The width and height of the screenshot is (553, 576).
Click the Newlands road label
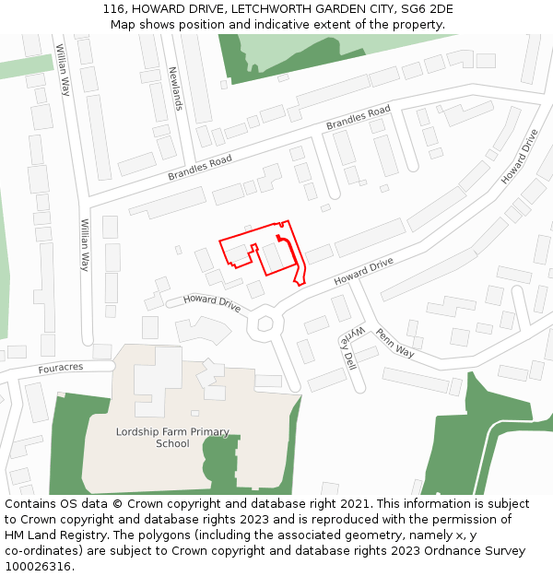(x=175, y=88)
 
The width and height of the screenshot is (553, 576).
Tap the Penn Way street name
(x=394, y=342)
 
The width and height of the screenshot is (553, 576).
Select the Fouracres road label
(x=61, y=367)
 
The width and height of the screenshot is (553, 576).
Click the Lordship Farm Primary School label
(x=172, y=438)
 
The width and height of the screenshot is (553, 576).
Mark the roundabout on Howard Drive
(x=267, y=323)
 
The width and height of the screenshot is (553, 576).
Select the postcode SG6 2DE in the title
(x=423, y=9)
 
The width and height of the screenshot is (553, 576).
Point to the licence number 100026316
(x=38, y=567)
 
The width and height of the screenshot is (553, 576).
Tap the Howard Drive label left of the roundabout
(x=211, y=301)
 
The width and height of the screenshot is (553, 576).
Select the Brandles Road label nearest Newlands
(x=200, y=168)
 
